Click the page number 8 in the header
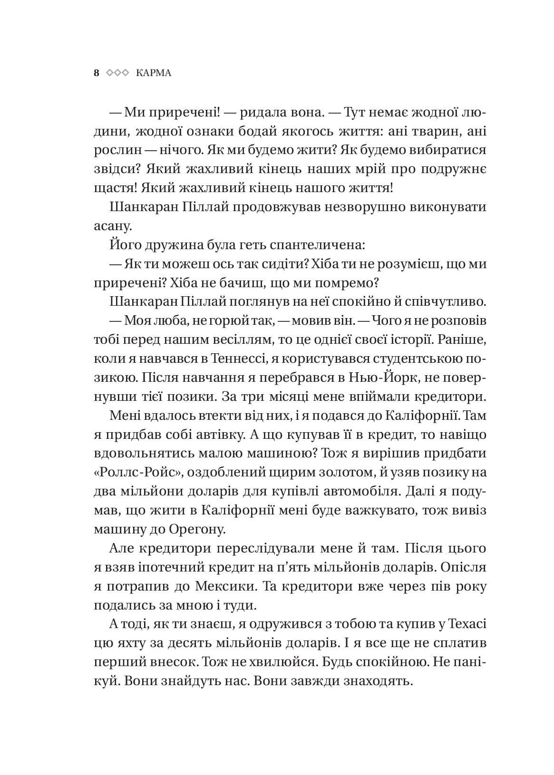tap(97, 73)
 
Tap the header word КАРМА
tap(153, 73)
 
